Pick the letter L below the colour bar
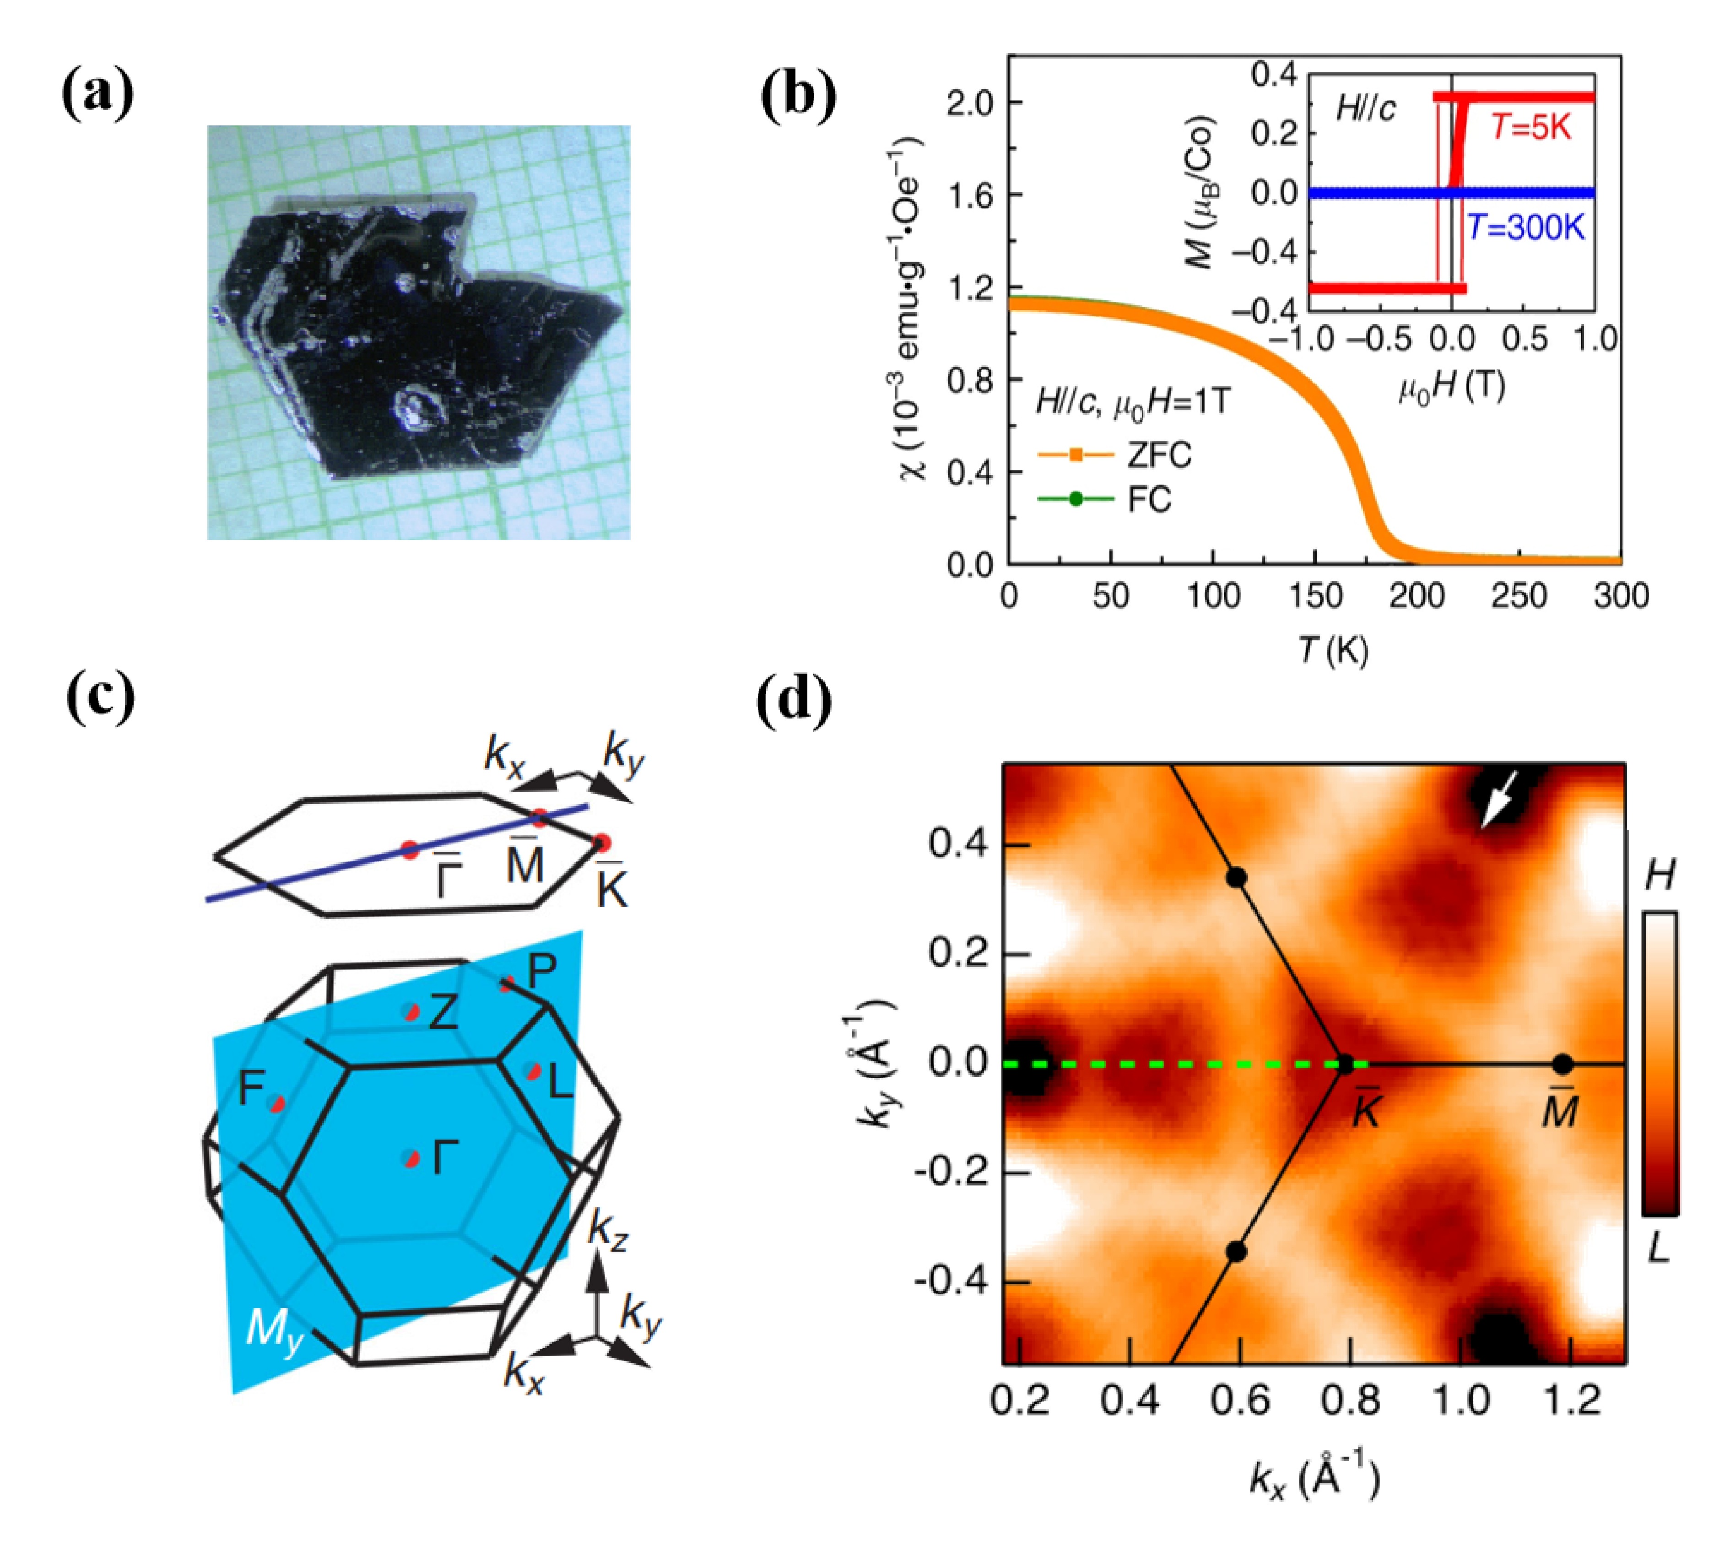pyautogui.click(x=1658, y=1248)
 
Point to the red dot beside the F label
pyautogui.click(x=276, y=1104)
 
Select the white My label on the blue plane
pyautogui.click(x=273, y=1329)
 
